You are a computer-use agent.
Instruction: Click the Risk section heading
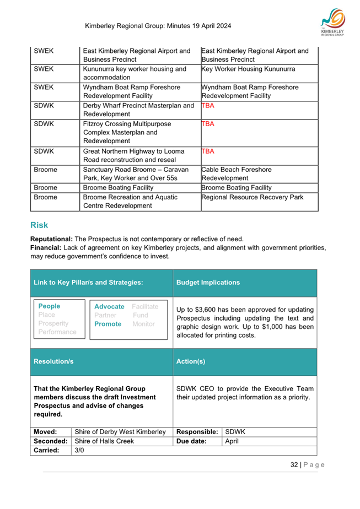point(39,225)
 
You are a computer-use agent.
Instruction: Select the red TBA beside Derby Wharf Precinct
point(208,106)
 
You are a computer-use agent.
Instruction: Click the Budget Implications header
point(208,282)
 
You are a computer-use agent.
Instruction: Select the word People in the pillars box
point(50,306)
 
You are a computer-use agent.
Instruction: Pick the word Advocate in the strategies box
point(110,306)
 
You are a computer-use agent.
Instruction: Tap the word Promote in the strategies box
point(108,324)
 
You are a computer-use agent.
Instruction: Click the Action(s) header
point(191,362)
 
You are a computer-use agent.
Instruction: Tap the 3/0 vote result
point(79,451)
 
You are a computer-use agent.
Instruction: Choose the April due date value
point(232,441)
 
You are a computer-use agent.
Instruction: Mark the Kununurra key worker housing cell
point(135,74)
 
